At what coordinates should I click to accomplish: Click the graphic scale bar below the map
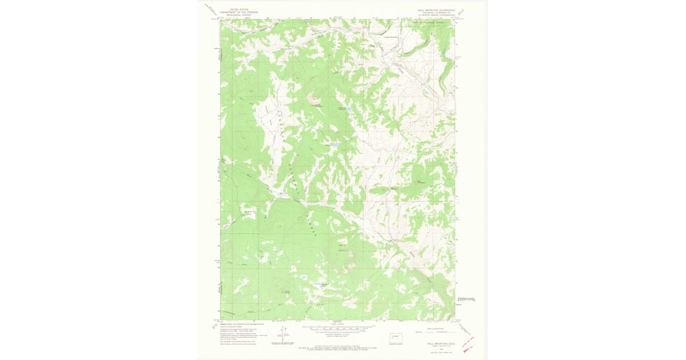337,329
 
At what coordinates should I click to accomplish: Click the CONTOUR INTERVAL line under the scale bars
337,337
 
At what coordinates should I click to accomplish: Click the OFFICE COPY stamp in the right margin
466,299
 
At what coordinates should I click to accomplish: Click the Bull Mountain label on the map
421,182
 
